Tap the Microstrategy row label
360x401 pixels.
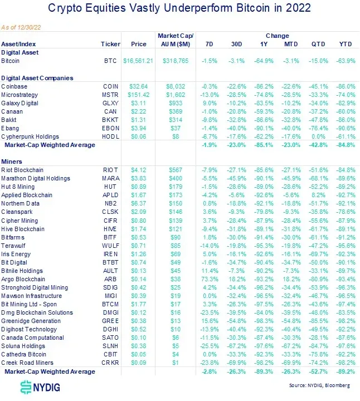[21, 95]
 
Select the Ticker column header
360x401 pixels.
[110, 44]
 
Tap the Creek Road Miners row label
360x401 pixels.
[26, 363]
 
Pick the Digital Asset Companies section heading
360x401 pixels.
[37, 78]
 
